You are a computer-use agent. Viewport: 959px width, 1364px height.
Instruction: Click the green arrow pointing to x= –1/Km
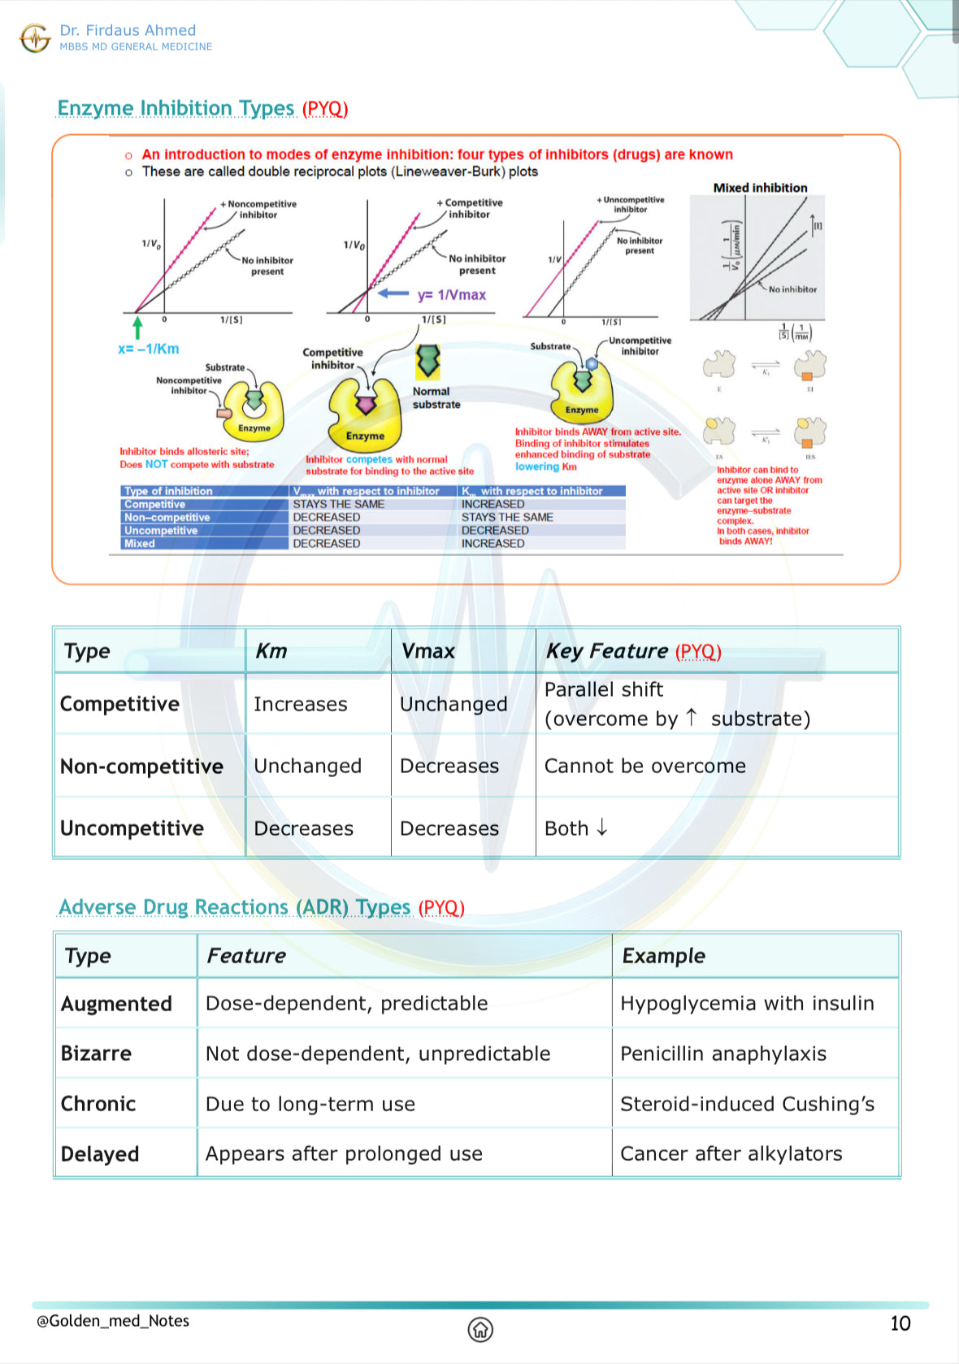tap(137, 328)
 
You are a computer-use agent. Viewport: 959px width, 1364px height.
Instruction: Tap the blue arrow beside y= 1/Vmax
tap(393, 293)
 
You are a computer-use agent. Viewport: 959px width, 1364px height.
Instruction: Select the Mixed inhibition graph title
tap(760, 188)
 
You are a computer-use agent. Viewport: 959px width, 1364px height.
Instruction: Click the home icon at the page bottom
tap(480, 1329)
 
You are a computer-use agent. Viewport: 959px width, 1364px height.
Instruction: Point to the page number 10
tap(900, 1323)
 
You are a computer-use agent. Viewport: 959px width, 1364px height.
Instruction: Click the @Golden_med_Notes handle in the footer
tap(113, 1321)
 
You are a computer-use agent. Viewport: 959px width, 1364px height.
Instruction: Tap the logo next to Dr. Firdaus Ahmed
tap(35, 37)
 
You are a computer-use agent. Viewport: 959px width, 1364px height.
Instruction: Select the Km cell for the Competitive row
tap(301, 704)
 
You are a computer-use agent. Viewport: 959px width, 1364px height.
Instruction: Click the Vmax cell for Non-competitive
tap(449, 766)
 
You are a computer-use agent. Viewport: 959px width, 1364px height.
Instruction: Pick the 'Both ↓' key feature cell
tap(576, 828)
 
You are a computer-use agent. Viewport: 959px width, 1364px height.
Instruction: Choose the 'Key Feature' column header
tap(633, 651)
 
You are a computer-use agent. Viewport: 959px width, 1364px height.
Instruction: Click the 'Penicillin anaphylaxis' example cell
tap(723, 1053)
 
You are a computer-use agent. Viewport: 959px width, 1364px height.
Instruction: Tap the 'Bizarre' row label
tap(96, 1053)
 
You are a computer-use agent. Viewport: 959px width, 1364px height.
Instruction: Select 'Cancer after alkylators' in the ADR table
tap(731, 1153)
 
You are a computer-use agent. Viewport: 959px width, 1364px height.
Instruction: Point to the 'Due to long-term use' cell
tap(310, 1104)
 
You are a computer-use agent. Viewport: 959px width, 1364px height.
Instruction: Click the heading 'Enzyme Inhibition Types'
tap(176, 108)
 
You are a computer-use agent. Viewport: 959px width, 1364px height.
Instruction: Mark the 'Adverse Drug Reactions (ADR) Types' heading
tap(234, 907)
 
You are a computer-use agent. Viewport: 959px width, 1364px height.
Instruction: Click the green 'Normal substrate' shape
tap(428, 361)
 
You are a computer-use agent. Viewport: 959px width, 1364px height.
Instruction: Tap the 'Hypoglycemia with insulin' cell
tap(747, 1003)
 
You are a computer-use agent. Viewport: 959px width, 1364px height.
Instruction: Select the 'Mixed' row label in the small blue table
tap(140, 544)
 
